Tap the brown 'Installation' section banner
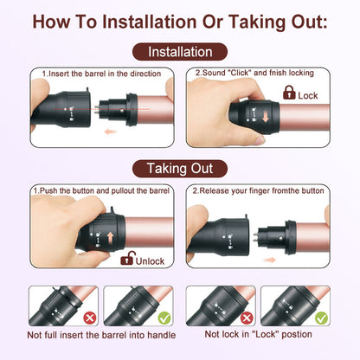point(180,52)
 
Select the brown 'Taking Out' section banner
point(180,168)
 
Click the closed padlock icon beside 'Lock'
point(289,95)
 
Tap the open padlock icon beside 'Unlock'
point(127,257)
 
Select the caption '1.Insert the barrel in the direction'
point(97,74)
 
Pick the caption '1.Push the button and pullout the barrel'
point(100,190)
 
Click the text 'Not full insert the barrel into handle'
point(102,335)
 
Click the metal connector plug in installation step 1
point(112,112)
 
